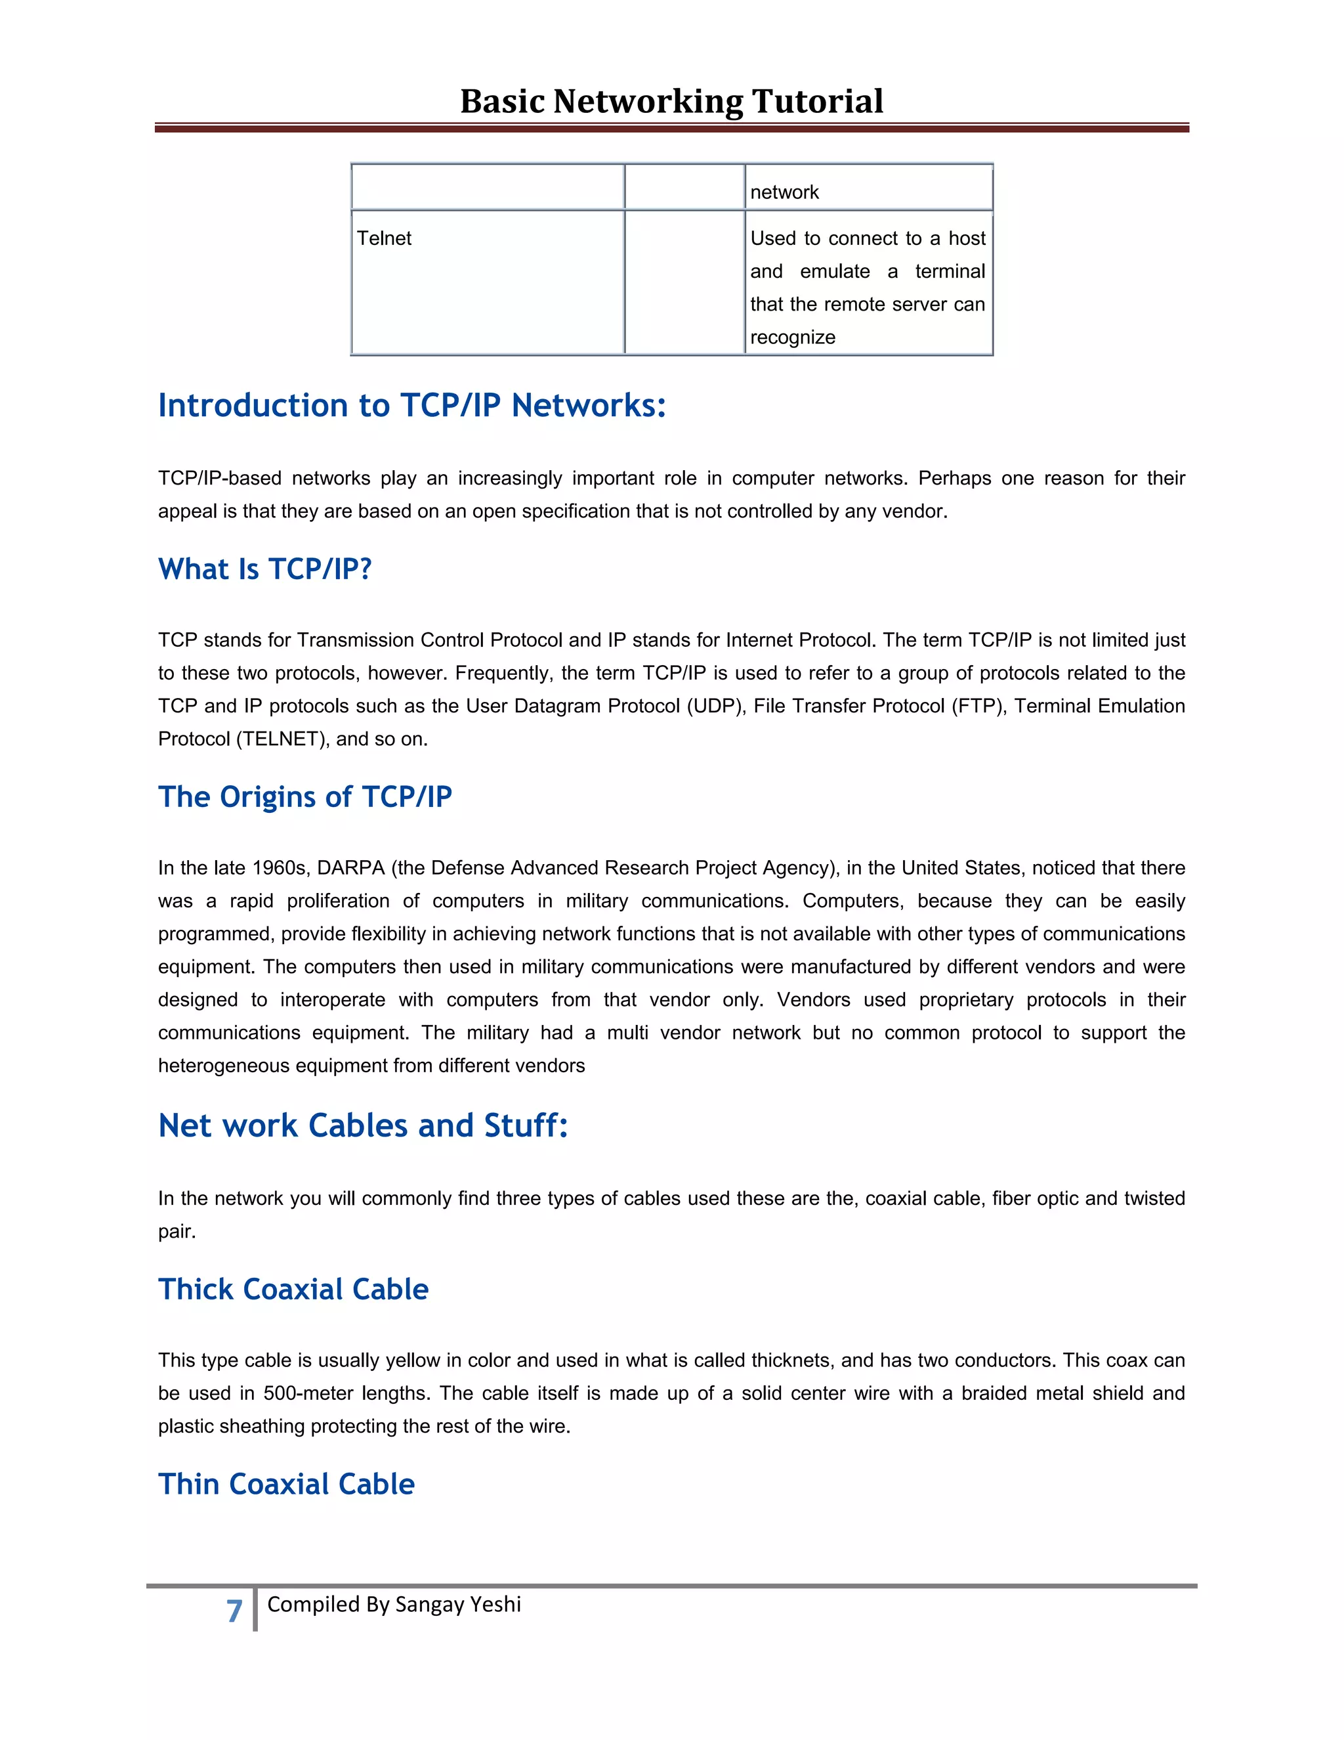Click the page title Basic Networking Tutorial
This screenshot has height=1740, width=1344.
point(671,101)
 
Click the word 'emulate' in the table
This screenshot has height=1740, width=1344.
point(835,272)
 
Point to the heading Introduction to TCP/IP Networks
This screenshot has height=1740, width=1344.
point(411,406)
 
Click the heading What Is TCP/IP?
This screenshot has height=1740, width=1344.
point(265,570)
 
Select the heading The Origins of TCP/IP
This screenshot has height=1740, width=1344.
point(305,796)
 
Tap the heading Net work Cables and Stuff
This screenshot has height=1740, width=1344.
point(363,1125)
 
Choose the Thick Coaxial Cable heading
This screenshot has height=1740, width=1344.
point(293,1289)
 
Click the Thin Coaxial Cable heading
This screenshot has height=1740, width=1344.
point(287,1485)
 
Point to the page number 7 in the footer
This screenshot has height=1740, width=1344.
point(234,1611)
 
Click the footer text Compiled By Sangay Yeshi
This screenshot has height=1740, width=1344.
point(394,1604)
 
